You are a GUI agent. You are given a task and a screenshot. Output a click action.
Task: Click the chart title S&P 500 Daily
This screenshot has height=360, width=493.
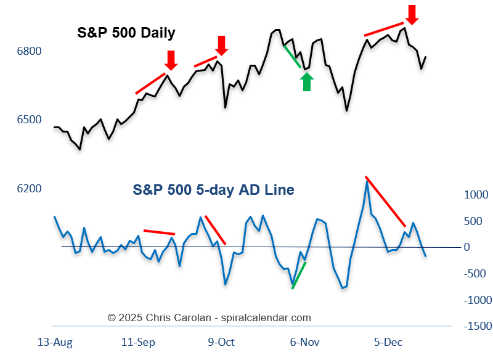click(126, 33)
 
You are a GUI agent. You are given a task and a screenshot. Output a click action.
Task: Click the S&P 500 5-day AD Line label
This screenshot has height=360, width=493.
click(213, 190)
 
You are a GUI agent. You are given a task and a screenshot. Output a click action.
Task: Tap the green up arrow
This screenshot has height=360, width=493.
click(307, 81)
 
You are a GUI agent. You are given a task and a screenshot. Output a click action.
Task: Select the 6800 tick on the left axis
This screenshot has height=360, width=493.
click(30, 51)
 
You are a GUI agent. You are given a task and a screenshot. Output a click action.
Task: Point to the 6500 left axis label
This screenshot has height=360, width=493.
click(30, 120)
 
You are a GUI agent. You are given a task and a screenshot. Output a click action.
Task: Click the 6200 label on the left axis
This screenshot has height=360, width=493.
click(30, 189)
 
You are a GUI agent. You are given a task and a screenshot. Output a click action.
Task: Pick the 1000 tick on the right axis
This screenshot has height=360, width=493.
click(476, 195)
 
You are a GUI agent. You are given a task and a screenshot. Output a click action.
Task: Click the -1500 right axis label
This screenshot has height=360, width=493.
click(478, 326)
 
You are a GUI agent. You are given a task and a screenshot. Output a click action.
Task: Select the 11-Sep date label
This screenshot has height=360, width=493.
click(138, 343)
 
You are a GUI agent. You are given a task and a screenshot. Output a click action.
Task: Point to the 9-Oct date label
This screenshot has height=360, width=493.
click(221, 343)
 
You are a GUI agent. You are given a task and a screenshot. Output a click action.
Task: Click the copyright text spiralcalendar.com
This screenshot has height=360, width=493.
click(266, 318)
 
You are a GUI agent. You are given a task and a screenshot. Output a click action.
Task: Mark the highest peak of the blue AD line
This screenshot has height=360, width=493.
click(367, 181)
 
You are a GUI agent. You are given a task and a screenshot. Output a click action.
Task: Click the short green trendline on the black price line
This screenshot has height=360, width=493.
click(292, 56)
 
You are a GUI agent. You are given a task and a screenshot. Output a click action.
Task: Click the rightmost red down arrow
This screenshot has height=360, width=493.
click(412, 14)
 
